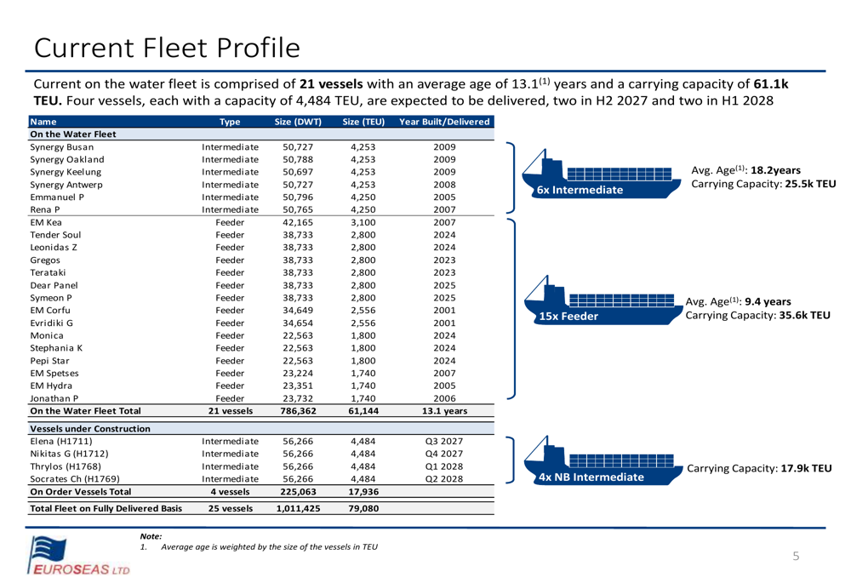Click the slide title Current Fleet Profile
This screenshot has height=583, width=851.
[167, 48]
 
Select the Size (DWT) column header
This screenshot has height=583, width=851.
[298, 122]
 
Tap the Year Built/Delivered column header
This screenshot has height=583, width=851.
[444, 122]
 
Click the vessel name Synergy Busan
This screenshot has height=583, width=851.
[62, 147]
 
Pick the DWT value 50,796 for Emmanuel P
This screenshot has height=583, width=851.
[298, 197]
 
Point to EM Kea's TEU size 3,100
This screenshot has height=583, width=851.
[363, 222]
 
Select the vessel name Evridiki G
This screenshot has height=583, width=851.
[52, 323]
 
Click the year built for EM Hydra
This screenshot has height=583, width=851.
[444, 386]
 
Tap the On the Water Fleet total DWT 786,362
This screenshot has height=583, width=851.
[298, 411]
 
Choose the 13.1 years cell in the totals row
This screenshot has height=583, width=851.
[444, 411]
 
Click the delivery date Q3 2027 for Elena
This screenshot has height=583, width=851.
[444, 442]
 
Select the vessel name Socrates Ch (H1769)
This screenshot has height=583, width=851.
[75, 479]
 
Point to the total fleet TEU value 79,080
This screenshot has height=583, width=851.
[363, 509]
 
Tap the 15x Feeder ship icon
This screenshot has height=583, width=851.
[603, 300]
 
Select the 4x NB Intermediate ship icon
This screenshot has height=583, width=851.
[603, 460]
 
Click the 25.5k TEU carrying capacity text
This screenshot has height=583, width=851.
[810, 184]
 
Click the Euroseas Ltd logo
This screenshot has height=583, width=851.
[78, 555]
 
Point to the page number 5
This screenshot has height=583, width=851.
[796, 556]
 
